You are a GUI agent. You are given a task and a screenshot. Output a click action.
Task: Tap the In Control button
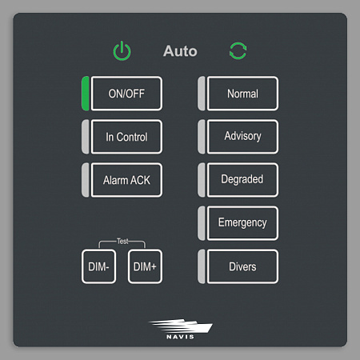coord(126,137)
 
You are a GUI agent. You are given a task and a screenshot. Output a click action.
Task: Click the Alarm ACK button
coord(126,180)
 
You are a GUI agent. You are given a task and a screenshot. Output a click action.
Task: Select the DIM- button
coord(98,266)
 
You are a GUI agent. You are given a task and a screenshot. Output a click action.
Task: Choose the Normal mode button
coord(242,94)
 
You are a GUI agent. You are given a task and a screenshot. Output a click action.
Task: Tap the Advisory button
coord(242,137)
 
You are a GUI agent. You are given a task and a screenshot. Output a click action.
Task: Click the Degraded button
coord(242,180)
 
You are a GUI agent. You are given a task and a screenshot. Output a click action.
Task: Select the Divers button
coord(242,266)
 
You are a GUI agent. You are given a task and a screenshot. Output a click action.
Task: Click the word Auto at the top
coord(180,51)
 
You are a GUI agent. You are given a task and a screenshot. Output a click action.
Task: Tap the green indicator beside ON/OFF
coord(86,94)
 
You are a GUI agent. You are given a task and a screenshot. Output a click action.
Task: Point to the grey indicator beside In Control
coord(86,137)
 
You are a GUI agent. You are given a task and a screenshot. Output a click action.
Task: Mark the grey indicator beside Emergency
coord(202,223)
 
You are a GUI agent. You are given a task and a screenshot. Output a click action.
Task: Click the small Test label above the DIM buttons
coord(122,242)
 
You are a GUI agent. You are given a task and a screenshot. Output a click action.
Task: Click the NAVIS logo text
coord(180,337)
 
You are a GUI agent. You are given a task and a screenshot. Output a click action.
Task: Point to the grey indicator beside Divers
coord(202,266)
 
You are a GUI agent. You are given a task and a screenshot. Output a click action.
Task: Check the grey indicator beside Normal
coord(202,94)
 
